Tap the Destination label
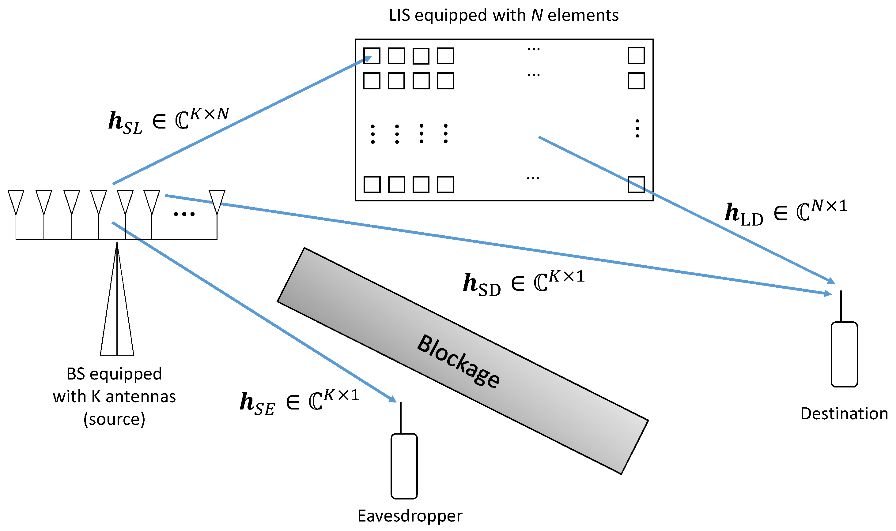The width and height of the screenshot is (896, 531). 844,414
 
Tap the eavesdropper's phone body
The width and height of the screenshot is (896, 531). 404,466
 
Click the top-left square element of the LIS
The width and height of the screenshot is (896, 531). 372,56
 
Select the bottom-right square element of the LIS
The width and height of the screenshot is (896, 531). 636,184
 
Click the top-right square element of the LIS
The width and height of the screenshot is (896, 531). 636,55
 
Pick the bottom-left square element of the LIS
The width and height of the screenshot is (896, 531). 372,184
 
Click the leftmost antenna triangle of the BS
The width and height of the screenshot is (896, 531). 16,200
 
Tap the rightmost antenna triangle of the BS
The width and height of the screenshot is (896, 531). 217,200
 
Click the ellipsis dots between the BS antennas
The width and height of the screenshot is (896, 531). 184,214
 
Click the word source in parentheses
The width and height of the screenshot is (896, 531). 114,419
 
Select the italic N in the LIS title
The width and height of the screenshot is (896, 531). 536,15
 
